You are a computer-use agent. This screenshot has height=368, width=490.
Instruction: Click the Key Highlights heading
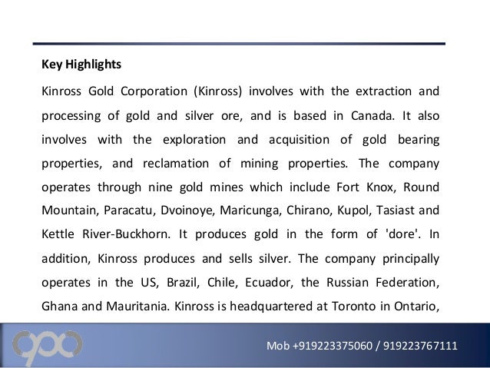81,64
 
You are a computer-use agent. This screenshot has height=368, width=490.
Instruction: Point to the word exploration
194,141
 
